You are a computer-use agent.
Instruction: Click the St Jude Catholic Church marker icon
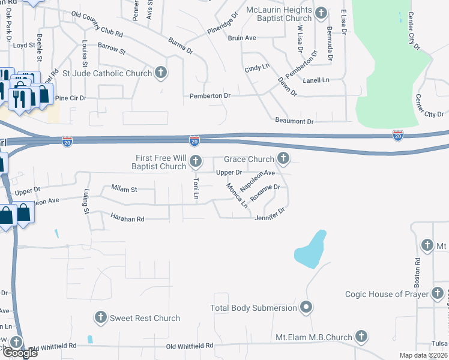tap(160, 73)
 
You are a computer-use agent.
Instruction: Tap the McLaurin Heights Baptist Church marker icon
tap(321, 13)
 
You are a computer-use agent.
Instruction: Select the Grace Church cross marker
tap(283, 159)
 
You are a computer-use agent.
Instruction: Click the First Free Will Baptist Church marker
tap(196, 161)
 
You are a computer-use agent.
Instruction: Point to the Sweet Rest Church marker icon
tap(100, 317)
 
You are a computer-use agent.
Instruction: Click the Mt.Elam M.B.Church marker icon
tap(361, 337)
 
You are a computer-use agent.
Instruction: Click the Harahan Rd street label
tap(127, 218)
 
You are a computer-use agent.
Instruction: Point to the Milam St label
tap(124, 189)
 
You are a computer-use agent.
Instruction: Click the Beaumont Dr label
tap(294, 121)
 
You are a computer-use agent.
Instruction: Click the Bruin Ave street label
tap(242, 38)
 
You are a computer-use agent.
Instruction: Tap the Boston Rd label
tap(418, 270)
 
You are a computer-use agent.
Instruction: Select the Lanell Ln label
tap(316, 80)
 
